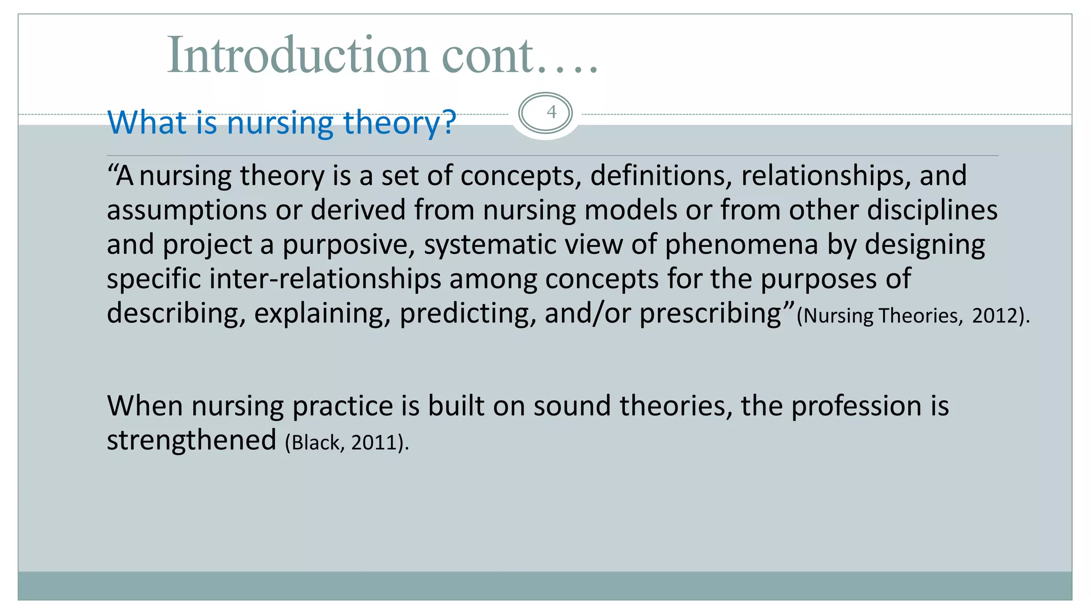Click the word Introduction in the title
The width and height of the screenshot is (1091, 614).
pyautogui.click(x=297, y=55)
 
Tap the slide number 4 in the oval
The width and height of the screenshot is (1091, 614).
pyautogui.click(x=551, y=112)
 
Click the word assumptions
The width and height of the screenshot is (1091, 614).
pyautogui.click(x=186, y=210)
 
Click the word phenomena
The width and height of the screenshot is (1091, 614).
pyautogui.click(x=741, y=244)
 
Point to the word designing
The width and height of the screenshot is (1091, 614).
pyautogui.click(x=924, y=245)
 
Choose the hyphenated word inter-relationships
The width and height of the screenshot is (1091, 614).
pyautogui.click(x=325, y=279)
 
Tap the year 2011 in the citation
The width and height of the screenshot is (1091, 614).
pyautogui.click(x=373, y=442)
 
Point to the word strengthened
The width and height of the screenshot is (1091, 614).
pyautogui.click(x=191, y=440)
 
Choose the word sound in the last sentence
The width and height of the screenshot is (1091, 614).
pyautogui.click(x=572, y=406)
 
